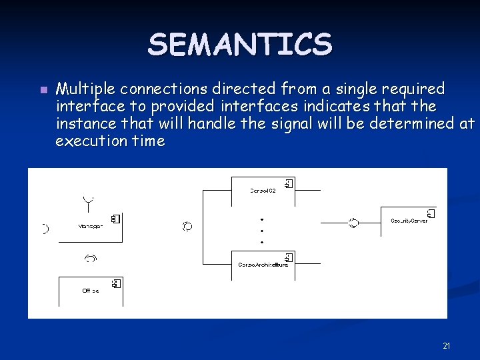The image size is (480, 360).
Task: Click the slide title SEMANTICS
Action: pos(239,45)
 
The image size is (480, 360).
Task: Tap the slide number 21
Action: pos(447,345)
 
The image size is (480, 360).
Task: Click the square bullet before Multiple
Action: pos(43,90)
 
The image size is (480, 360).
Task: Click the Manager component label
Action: pos(90,227)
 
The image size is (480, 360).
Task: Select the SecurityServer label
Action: pos(409,221)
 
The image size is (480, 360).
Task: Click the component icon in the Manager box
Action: pos(115,219)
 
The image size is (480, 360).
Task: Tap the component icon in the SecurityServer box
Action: pos(430,213)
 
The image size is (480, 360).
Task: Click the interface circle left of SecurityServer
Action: pos(353,223)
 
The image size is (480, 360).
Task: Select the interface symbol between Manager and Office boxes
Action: pos(91,257)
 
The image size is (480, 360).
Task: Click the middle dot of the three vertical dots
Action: pos(263,230)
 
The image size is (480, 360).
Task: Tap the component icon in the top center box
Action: pos(288,183)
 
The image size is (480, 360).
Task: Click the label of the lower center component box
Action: pos(263,265)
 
